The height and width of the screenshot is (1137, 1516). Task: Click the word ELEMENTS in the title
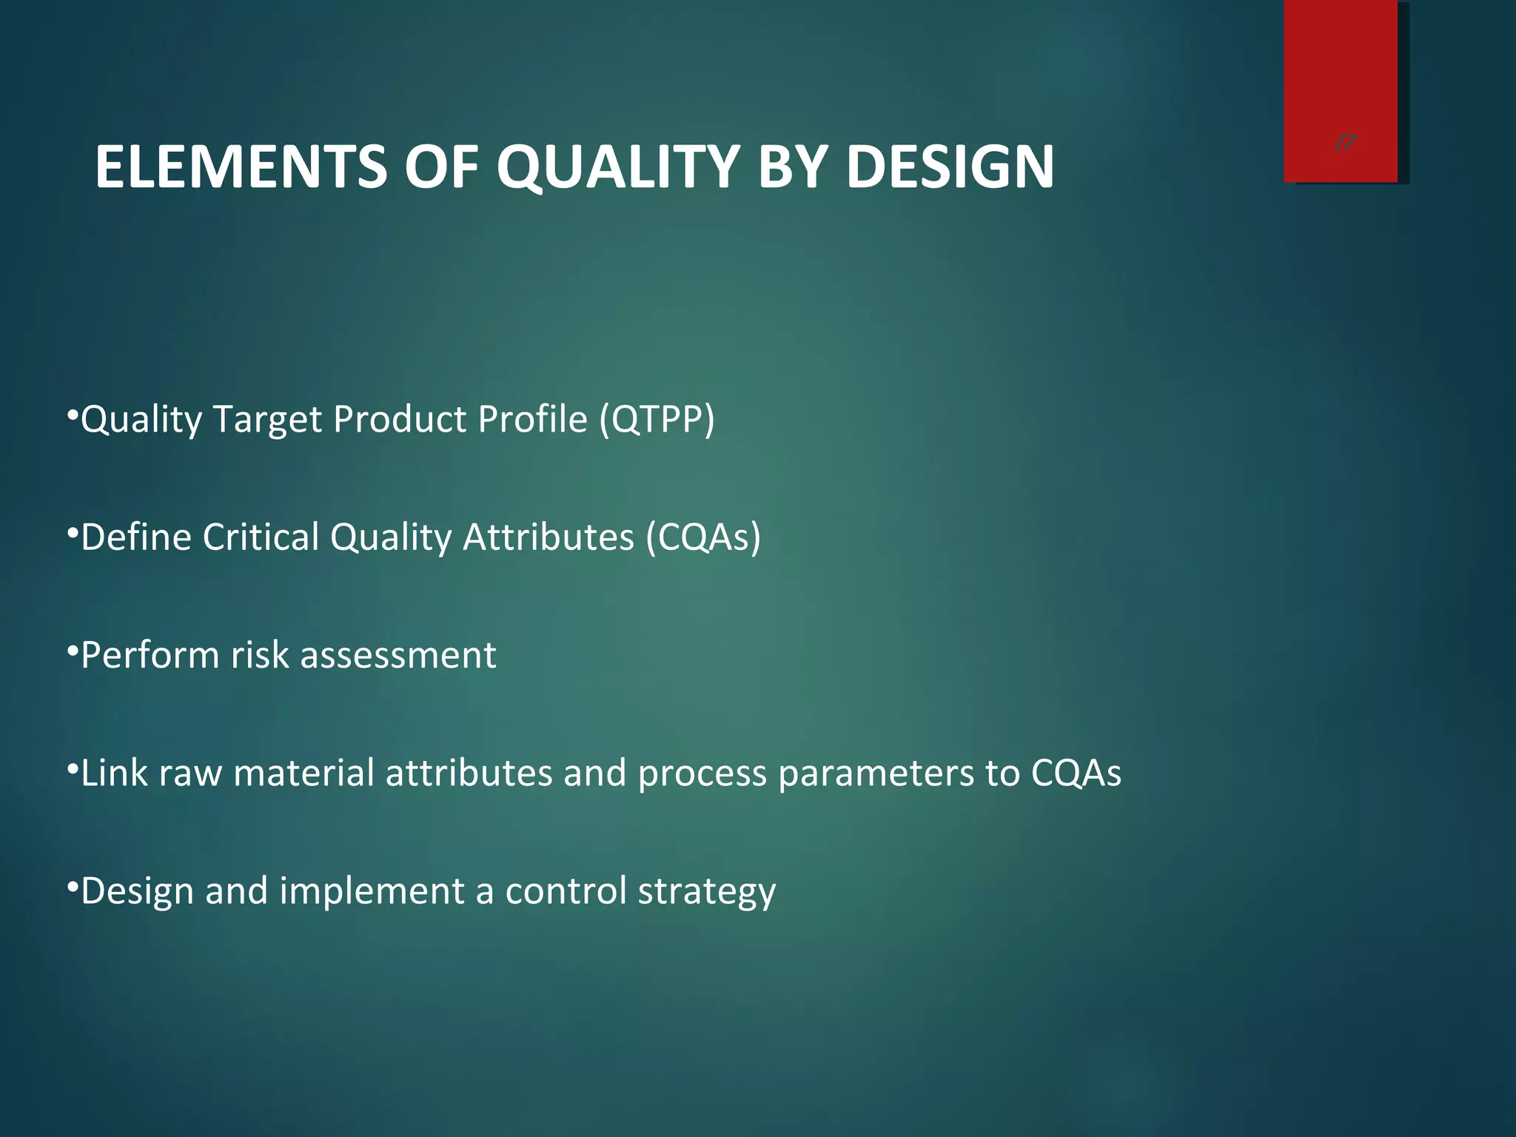click(x=241, y=167)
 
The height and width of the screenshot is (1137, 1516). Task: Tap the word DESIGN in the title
click(x=950, y=167)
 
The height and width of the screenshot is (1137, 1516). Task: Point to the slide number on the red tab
click(x=1346, y=144)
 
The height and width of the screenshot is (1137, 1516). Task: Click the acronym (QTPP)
click(x=657, y=419)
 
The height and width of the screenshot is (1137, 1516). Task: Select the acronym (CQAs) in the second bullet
click(x=703, y=537)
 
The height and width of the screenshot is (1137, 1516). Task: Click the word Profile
click(x=533, y=419)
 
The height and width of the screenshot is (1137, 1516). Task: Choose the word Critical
click(x=261, y=537)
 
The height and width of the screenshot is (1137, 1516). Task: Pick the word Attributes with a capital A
click(x=549, y=537)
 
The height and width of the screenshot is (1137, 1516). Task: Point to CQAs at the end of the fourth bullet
click(x=1076, y=773)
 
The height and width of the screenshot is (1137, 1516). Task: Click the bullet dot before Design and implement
click(x=73, y=887)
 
